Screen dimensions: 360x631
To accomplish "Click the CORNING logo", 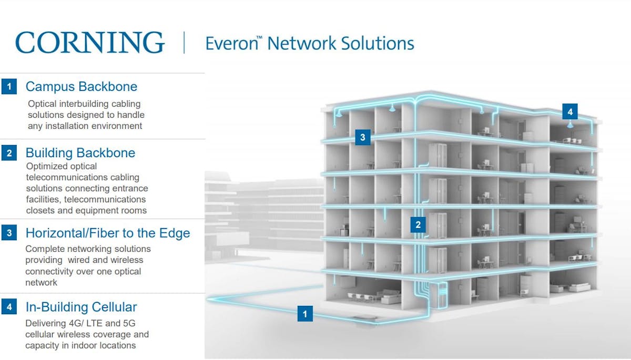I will (x=90, y=43).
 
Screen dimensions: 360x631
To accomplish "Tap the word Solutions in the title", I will (x=376, y=43).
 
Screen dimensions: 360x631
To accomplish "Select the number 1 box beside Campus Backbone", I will (x=9, y=86).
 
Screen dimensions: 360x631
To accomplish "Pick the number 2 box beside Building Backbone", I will (x=9, y=153).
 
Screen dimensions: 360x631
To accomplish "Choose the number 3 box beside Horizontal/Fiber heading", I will (x=9, y=233).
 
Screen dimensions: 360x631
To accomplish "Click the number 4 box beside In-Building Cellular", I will (x=9, y=307).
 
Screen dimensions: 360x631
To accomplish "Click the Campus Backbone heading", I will (x=82, y=86).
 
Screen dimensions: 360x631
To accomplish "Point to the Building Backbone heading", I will (x=80, y=153).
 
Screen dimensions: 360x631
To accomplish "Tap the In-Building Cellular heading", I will (x=82, y=307).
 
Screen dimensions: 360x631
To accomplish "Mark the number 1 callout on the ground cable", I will (x=305, y=314).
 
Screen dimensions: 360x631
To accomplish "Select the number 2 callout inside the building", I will (x=418, y=225).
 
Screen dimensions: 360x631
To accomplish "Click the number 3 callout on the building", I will (x=362, y=137).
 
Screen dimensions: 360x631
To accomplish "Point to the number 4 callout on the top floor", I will (x=569, y=111).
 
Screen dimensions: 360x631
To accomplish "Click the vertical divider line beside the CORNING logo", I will (x=184, y=43).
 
